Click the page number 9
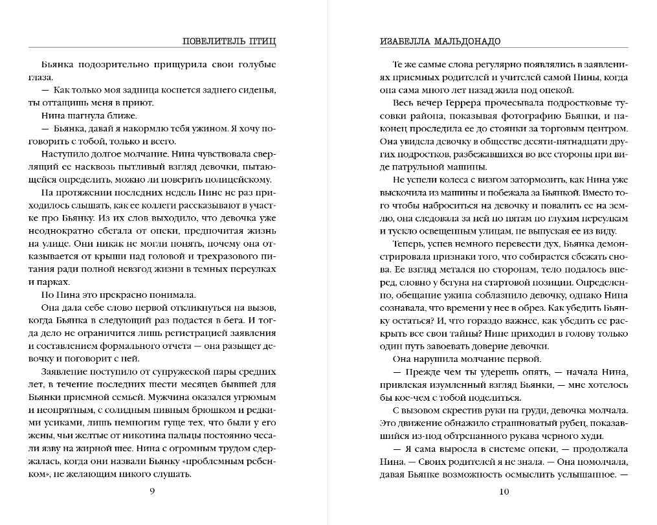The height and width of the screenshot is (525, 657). pyautogui.click(x=152, y=491)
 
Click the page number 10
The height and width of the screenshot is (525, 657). pyautogui.click(x=505, y=491)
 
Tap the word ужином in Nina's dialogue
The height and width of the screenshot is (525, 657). pyautogui.click(x=189, y=129)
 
